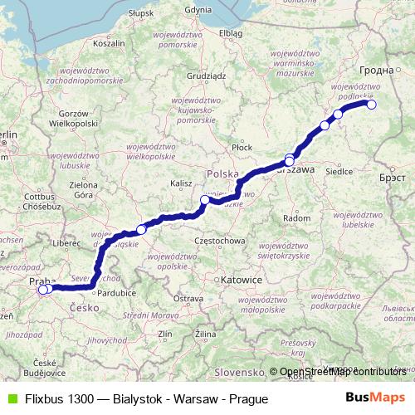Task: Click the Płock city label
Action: point(242,147)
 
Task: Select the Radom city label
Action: point(296,217)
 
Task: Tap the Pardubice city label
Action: point(116,293)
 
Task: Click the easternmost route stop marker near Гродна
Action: point(371,105)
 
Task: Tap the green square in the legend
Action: point(11,399)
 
